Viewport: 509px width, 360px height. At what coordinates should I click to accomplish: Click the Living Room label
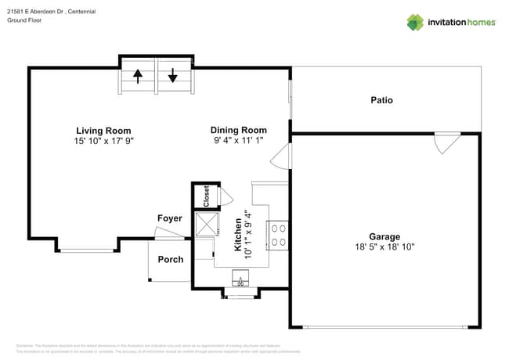[103, 131]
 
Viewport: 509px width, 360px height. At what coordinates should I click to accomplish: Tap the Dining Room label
[238, 130]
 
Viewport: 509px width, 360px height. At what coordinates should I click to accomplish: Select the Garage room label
[384, 236]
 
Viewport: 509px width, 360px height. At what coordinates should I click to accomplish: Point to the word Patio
[381, 100]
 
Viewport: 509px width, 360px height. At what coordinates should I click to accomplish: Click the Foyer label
[169, 218]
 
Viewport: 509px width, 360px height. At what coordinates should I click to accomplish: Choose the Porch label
[170, 259]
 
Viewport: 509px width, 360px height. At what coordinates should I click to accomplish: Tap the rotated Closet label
[206, 196]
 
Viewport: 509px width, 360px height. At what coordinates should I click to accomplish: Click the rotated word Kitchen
[238, 235]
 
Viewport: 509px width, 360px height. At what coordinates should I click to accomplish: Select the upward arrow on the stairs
[138, 76]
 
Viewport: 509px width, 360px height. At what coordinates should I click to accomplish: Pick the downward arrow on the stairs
[172, 76]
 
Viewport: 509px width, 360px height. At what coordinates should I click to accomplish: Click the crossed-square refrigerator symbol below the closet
[207, 225]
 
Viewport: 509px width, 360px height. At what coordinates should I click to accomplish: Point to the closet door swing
[226, 196]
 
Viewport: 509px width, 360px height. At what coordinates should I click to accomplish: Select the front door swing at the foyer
[168, 232]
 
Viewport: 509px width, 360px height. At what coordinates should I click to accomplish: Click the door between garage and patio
[446, 142]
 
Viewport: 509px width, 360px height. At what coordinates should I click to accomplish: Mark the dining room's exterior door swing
[280, 160]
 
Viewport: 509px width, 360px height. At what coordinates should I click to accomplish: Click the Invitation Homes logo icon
[415, 22]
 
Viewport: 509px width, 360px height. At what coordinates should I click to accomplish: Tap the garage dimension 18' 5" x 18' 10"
[384, 247]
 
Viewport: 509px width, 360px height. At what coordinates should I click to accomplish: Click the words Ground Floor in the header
[23, 20]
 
